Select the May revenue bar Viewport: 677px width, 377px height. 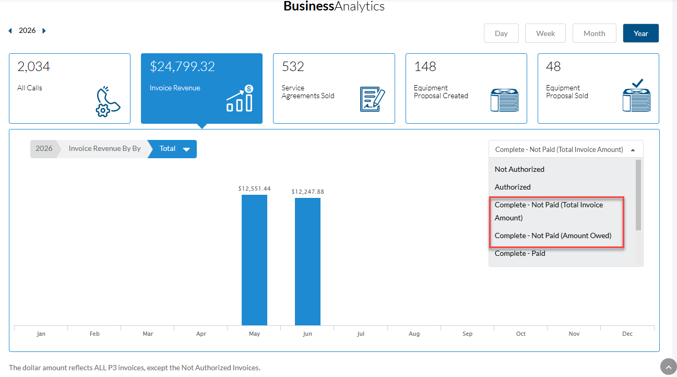[254, 260]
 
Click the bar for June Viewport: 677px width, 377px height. [307, 262]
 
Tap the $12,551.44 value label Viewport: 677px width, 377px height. [254, 188]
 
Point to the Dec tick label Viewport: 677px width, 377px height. [627, 334]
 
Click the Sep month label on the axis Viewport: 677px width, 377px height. [467, 334]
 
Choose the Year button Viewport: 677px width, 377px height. [641, 33]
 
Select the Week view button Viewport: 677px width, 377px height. [545, 33]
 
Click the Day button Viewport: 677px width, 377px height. [501, 33]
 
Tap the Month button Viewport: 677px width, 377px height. [594, 33]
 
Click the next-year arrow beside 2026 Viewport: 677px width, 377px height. [44, 30]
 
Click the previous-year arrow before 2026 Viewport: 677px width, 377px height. [10, 30]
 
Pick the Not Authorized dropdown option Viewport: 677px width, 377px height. [519, 169]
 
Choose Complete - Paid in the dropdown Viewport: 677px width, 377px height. [520, 253]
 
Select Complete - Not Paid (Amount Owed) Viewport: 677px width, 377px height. [553, 235]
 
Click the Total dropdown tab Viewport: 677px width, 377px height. [172, 149]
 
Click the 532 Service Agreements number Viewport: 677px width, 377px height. [292, 66]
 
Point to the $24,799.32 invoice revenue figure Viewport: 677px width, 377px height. [182, 66]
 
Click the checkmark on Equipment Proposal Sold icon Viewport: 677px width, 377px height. [637, 83]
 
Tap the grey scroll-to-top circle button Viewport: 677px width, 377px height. [669, 367]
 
